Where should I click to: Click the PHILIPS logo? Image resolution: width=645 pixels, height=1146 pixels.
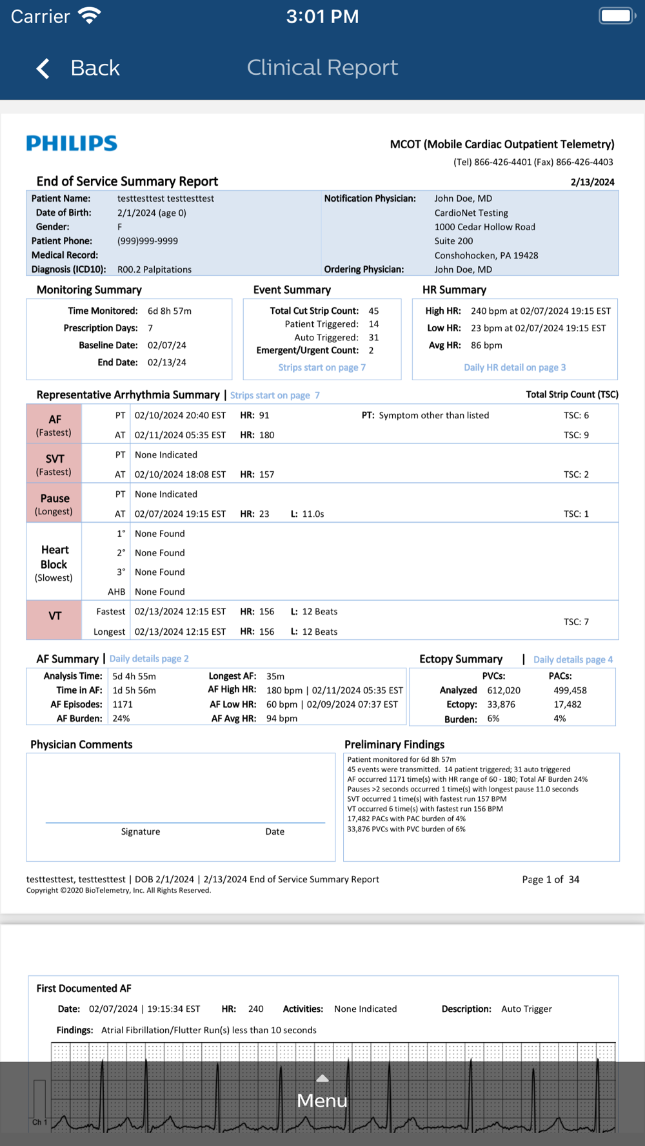pos(72,143)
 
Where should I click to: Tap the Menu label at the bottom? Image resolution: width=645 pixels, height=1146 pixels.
pos(322,1100)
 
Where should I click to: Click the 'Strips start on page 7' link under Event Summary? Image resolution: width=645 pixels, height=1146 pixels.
pos(322,367)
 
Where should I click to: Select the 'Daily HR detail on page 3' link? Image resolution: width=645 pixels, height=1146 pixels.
pos(515,367)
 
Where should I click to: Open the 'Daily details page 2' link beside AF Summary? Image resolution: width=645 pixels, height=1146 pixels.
pos(149,659)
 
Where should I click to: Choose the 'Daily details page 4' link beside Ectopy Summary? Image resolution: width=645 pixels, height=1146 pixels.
pos(573,659)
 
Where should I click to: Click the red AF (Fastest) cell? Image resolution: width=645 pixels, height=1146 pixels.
pos(54,425)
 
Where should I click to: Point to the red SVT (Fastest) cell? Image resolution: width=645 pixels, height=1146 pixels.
pos(54,464)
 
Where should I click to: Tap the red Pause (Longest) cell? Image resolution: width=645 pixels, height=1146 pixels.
pos(54,503)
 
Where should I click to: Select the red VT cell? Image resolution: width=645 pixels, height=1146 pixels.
pos(54,620)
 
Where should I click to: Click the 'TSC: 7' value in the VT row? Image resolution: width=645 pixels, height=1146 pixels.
pos(576,622)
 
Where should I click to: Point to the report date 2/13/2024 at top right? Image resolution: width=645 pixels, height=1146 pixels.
pos(592,182)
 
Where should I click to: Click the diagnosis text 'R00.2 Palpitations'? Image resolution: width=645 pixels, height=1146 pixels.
pos(154,269)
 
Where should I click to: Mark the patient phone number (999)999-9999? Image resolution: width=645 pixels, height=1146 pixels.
pos(148,241)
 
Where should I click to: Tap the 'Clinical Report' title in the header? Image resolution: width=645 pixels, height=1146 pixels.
pos(322,68)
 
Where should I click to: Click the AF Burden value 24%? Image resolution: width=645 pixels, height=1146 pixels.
pos(121,719)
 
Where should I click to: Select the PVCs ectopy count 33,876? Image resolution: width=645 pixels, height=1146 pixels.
pos(501,704)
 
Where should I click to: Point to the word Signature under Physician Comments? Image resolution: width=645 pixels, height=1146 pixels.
pos(141,831)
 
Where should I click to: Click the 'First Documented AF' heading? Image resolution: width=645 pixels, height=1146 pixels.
pos(84,988)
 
